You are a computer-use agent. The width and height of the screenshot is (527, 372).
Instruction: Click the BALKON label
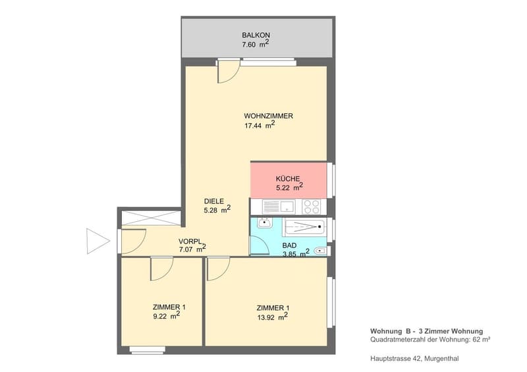coord(256,35)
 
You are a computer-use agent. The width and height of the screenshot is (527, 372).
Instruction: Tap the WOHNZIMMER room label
coord(268,116)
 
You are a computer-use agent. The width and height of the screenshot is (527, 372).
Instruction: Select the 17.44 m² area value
coord(260,125)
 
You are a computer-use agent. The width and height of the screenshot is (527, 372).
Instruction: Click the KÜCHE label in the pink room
coord(288,179)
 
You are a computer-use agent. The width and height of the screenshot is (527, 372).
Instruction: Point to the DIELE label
coord(213,201)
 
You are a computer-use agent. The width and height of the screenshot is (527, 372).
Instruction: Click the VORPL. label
coord(190,241)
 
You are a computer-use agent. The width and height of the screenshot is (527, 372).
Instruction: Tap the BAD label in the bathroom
coord(289,246)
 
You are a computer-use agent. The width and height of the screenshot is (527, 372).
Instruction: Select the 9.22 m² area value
coord(167,315)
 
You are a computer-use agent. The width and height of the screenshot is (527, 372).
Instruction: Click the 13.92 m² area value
coord(272,316)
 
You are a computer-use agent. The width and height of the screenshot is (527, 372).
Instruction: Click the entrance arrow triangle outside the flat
coord(97,241)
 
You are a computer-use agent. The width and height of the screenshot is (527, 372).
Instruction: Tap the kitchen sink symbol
coord(279,207)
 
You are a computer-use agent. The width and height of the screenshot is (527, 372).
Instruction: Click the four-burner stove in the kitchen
coord(311,207)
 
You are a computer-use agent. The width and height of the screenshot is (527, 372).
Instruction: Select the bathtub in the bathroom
coord(305,227)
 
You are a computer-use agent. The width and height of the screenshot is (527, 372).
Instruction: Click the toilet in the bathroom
coord(320,251)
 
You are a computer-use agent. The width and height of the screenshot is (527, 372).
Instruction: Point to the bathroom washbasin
coord(265,223)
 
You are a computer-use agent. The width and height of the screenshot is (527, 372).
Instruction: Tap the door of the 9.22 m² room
coord(161,269)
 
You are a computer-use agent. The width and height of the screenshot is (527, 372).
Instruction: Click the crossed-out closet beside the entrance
coord(151,218)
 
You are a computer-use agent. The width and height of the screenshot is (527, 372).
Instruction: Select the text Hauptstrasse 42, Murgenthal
coord(414,359)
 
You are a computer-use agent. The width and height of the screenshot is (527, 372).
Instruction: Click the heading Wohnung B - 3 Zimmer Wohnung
coord(426,331)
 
